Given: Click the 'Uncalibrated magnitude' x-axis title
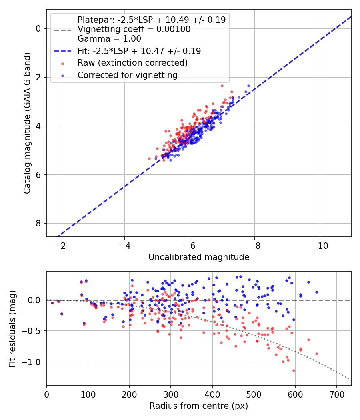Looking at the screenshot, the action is point(199,257).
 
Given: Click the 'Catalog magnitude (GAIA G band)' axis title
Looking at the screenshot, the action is point(27,123).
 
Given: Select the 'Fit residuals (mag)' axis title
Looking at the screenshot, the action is point(12,329).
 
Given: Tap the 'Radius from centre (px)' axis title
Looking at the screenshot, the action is point(199,406).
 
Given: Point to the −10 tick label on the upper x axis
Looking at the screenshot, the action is point(320,246).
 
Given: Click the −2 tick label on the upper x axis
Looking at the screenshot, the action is point(60,246).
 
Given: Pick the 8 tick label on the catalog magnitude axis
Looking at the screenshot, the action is point(38,223).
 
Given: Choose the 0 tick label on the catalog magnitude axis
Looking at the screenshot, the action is point(38,28).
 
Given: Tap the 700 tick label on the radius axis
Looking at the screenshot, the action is point(337,394).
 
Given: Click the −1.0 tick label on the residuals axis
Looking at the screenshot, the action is point(30,362).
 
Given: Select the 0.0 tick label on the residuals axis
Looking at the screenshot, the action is point(34,300).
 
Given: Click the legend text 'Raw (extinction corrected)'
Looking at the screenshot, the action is point(132,63).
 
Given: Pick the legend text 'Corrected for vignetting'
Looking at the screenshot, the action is point(128,75).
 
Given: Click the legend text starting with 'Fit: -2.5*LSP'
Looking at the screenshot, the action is point(139,51).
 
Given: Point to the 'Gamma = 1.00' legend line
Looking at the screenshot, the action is point(109,38).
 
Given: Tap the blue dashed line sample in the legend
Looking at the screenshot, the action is point(63,51).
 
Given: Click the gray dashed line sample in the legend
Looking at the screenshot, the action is point(63,30).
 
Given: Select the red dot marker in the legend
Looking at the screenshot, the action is point(63,64).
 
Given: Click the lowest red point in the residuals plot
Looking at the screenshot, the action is point(294,371).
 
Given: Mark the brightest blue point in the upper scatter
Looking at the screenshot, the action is point(248,86).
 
